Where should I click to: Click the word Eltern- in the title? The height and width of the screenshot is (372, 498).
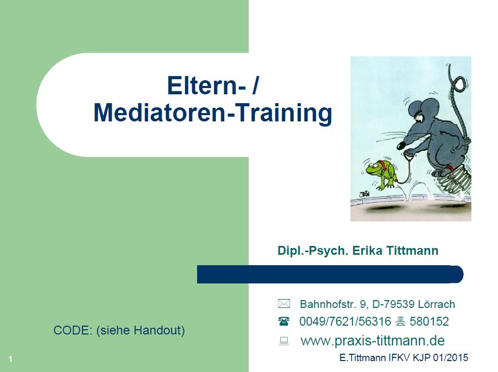pos(207,85)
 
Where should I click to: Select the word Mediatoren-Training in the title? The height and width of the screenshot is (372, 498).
pos(213,113)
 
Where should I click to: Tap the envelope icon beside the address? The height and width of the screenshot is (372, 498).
pos(284,304)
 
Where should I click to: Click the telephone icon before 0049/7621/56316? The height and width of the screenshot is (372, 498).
pos(284,321)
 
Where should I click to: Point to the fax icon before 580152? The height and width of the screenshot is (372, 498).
pos(400,321)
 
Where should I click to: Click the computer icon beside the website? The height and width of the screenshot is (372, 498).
pos(284,341)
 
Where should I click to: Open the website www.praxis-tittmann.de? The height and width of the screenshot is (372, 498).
pos(372,341)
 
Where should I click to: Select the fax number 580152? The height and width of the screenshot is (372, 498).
pos(429,321)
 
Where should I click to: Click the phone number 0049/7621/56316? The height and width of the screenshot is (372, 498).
pos(345,321)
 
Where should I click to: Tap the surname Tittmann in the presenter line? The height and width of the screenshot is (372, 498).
pos(412,251)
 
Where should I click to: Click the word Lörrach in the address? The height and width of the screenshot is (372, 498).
pos(436,304)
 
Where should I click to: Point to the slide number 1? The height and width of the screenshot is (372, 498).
pos(10,359)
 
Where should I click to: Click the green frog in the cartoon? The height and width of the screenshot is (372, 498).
pos(380,173)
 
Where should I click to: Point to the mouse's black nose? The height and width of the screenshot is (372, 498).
pos(401,145)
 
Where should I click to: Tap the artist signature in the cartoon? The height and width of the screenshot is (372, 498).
pos(365,194)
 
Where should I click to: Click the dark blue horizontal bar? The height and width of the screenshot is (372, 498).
pos(330,274)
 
